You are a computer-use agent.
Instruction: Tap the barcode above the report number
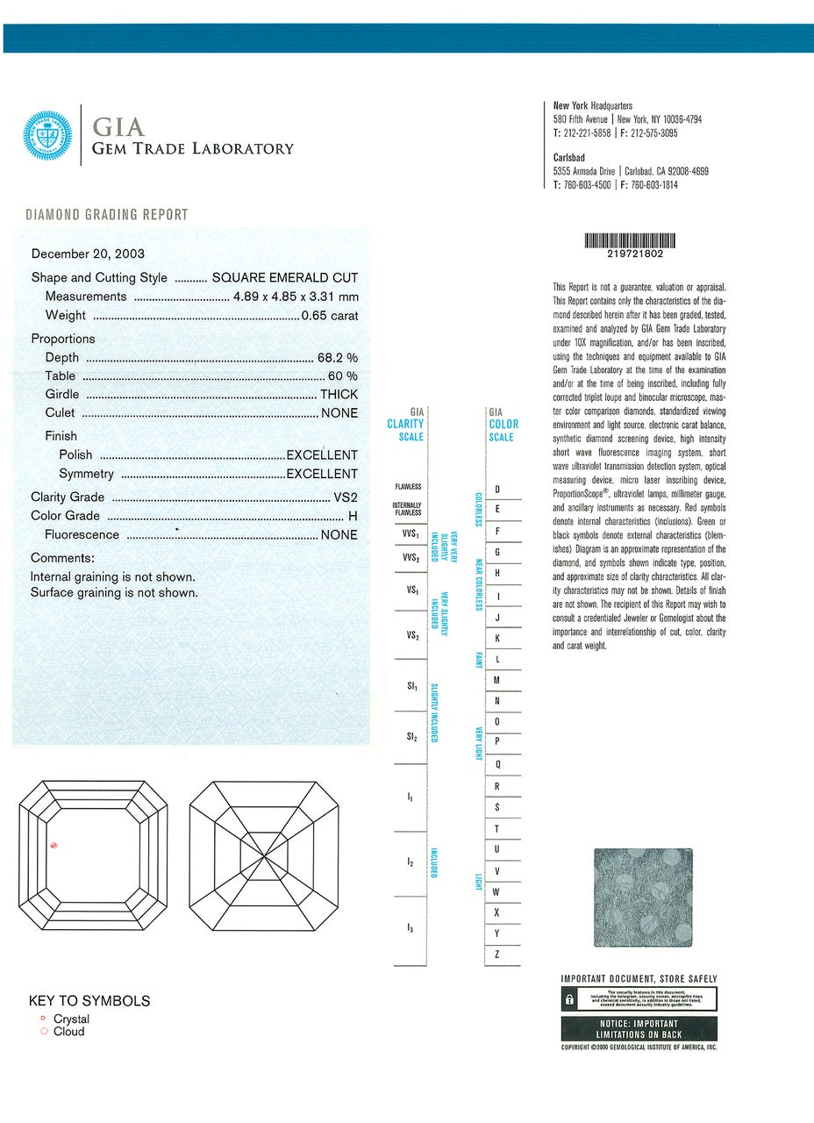(629, 240)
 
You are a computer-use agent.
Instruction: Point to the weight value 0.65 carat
(329, 315)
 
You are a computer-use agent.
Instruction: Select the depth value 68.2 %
(337, 357)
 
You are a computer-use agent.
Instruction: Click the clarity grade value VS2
(346, 497)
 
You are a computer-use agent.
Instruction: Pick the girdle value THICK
(339, 394)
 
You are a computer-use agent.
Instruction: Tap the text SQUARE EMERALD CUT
(285, 277)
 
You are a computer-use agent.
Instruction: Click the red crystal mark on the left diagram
(54, 846)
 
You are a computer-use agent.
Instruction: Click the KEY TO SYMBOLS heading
(89, 1001)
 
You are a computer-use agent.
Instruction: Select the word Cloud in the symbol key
(69, 1032)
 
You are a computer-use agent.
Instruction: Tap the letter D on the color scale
(497, 490)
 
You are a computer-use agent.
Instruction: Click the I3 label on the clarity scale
(410, 928)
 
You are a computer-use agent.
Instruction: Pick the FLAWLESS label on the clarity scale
(408, 486)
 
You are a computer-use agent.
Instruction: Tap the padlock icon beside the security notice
(569, 999)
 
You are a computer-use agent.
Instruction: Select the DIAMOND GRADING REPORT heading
(107, 215)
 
